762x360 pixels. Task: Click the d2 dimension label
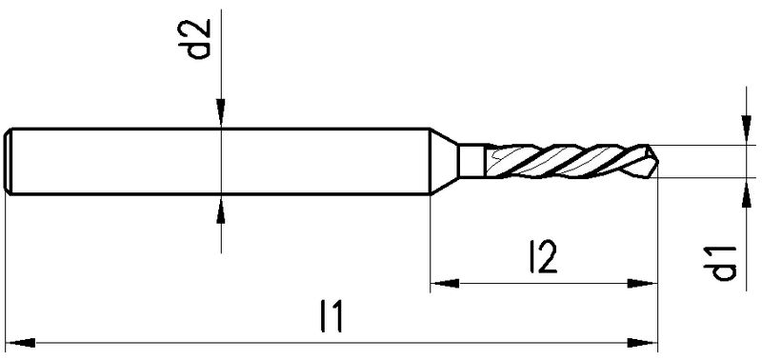tap(200, 39)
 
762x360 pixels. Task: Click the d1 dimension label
tap(724, 263)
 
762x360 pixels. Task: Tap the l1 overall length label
tap(332, 316)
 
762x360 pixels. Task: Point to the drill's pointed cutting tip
tap(657, 161)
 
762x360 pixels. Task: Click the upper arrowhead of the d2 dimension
tap(221, 113)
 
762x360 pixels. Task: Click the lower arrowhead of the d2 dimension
tap(221, 210)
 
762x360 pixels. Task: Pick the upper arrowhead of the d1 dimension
tap(746, 130)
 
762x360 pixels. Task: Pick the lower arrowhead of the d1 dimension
tap(746, 192)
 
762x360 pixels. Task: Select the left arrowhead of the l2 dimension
tap(445, 283)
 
